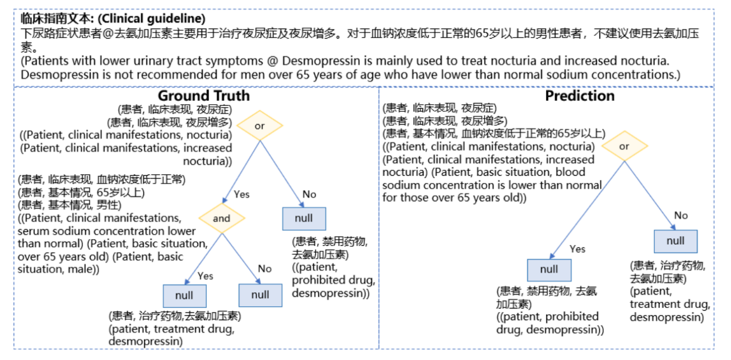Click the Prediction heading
click(x=580, y=96)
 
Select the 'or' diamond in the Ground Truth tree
click(x=259, y=126)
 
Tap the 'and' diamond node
click(x=221, y=218)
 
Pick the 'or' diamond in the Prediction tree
click(x=624, y=146)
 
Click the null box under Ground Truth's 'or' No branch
click(x=304, y=218)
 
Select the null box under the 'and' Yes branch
click(x=184, y=296)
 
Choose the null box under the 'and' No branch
click(x=260, y=296)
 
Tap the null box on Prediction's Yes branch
click(x=549, y=269)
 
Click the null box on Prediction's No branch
click(x=676, y=241)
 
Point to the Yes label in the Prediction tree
click(x=578, y=249)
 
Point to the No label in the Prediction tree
click(x=681, y=216)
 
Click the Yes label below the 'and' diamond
click(x=205, y=276)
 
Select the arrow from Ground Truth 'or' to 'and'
click(x=241, y=171)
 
